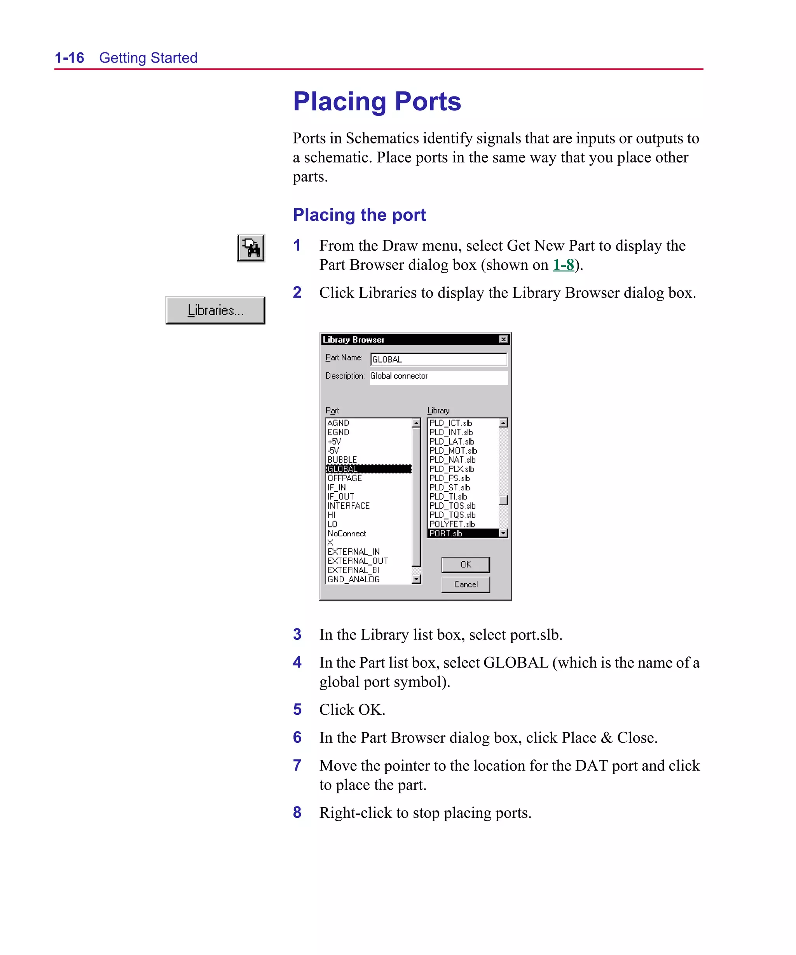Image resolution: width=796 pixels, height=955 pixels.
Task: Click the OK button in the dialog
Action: tap(465, 564)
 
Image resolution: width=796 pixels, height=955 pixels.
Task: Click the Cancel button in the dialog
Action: tap(465, 584)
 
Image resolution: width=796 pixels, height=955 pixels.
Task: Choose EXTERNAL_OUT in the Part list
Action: tap(358, 561)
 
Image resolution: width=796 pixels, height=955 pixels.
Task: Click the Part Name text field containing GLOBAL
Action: tap(438, 359)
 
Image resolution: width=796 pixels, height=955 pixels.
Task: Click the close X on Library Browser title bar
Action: tap(503, 339)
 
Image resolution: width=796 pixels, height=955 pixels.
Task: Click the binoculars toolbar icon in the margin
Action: tap(251, 248)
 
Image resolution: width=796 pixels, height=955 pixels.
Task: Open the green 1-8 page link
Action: tap(563, 265)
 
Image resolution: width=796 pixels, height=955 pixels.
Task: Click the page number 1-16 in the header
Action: tap(69, 58)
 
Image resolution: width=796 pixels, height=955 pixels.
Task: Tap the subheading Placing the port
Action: tap(359, 215)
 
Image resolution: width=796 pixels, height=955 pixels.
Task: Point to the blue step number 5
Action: tap(297, 709)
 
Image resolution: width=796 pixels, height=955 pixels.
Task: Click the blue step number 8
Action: tap(297, 812)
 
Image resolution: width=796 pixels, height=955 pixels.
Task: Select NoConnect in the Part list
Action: tap(347, 533)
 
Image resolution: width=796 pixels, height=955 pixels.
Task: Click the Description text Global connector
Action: tap(398, 376)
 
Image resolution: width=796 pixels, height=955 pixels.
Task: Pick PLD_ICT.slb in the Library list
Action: tap(450, 423)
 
